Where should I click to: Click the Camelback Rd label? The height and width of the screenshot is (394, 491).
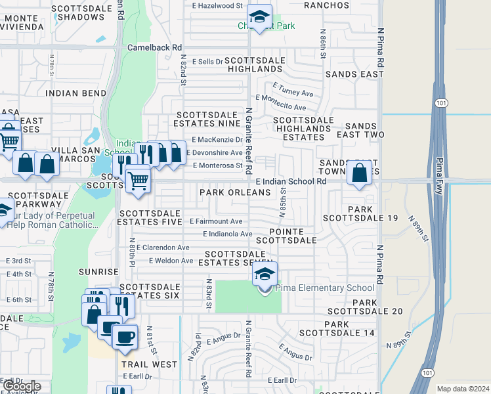click(x=154, y=48)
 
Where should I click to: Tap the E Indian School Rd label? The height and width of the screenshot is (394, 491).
click(x=291, y=181)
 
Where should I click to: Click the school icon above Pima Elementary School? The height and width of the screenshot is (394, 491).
click(x=265, y=274)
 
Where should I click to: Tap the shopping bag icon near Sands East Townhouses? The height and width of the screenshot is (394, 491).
click(x=360, y=174)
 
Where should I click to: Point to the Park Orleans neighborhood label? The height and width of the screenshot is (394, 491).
click(x=235, y=192)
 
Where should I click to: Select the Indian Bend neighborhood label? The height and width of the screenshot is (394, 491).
click(x=76, y=93)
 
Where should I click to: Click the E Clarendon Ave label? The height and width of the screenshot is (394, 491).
click(x=160, y=248)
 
